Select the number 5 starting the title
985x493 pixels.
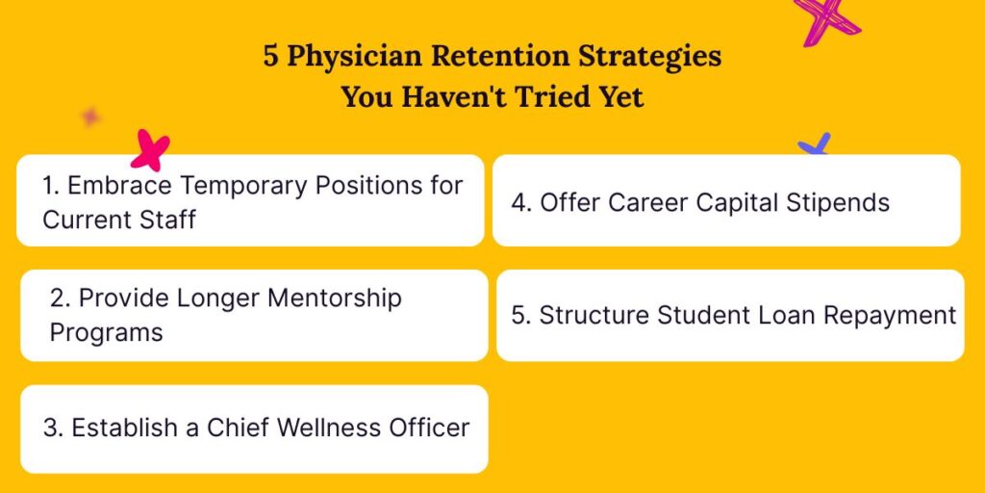coord(272,56)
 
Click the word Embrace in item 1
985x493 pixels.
coord(120,185)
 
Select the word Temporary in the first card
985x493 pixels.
coord(244,185)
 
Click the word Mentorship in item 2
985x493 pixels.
coord(334,298)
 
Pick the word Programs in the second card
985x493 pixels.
coord(106,333)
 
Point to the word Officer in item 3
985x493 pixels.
coord(428,428)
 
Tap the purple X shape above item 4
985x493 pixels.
coord(815,146)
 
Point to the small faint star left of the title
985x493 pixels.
coord(90,117)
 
